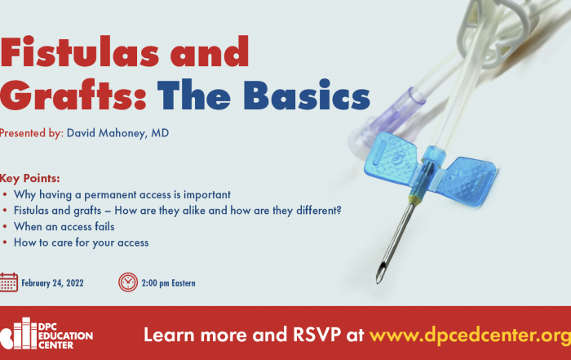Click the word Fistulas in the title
coord(80,51)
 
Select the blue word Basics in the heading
coord(307,95)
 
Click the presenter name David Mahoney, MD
coord(117,133)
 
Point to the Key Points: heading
coord(30,178)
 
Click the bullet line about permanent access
coord(122,195)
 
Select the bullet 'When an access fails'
coord(64,227)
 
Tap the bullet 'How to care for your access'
coord(82,242)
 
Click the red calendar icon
coord(9,282)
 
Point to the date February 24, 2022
coord(52,283)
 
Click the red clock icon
coord(128,282)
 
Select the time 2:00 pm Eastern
coord(168,283)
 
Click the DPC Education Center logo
coord(46,333)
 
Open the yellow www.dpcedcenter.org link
coord(470,335)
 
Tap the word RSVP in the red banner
coord(316,335)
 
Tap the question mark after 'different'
coord(339,211)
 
